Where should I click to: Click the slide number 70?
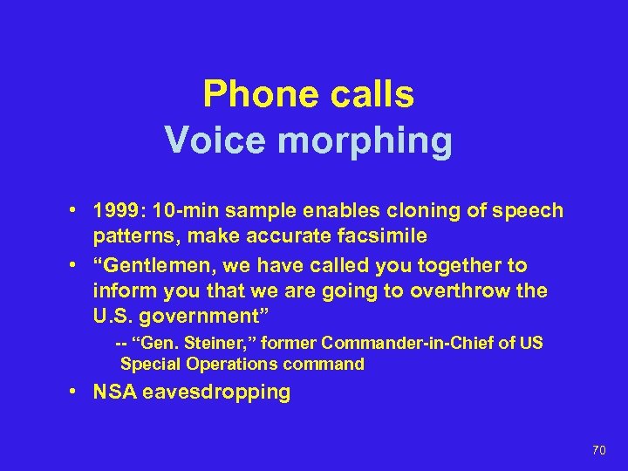pyautogui.click(x=598, y=450)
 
